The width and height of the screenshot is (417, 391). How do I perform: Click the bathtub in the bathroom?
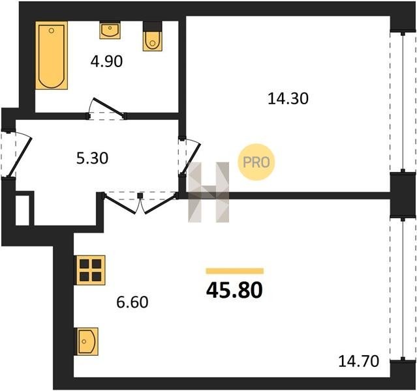click(x=52, y=55)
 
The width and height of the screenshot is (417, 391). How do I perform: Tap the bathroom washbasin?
click(x=110, y=31)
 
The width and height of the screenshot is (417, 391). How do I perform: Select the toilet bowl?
click(x=153, y=41)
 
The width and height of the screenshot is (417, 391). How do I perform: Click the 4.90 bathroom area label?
click(x=106, y=62)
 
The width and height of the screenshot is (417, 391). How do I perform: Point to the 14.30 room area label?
click(x=288, y=98)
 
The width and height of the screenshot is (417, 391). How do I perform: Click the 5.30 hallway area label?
click(x=92, y=158)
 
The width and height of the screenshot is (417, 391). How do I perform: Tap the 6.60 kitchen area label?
click(x=132, y=302)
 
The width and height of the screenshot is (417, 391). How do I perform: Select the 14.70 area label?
click(x=359, y=362)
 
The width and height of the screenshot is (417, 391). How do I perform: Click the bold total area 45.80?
click(x=234, y=290)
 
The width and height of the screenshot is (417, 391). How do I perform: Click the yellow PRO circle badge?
click(x=256, y=162)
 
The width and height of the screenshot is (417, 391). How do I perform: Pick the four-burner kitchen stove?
click(x=91, y=270)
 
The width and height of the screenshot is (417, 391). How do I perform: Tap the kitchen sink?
click(x=87, y=341)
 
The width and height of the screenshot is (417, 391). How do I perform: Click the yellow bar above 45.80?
click(x=235, y=271)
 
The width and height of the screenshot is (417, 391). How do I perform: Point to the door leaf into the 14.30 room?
click(x=191, y=158)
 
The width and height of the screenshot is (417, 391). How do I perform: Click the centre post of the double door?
click(x=140, y=195)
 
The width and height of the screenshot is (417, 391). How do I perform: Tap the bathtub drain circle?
click(x=52, y=31)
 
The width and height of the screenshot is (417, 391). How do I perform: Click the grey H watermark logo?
click(x=209, y=192)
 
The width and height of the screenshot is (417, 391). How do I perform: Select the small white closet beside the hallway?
click(x=22, y=210)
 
